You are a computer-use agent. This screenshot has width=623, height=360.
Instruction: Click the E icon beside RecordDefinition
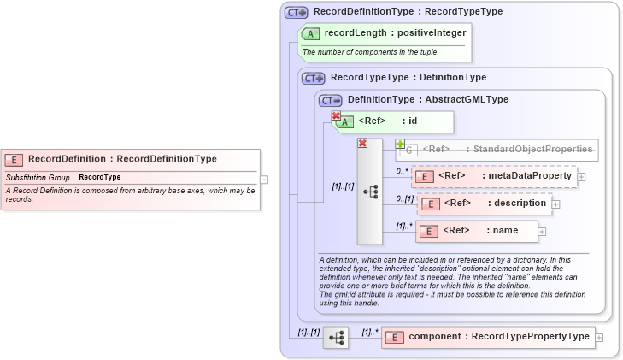click(x=14, y=160)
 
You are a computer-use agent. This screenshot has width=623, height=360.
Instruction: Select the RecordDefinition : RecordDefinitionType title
click(x=122, y=159)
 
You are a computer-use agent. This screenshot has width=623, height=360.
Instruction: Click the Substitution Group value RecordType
click(x=100, y=177)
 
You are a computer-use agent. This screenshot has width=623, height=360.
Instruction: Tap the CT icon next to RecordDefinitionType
click(x=297, y=12)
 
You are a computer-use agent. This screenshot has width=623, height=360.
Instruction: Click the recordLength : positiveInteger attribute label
click(x=395, y=33)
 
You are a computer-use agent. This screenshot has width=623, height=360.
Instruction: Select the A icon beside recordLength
click(x=312, y=34)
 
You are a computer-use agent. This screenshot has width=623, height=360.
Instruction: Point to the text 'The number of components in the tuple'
click(x=369, y=52)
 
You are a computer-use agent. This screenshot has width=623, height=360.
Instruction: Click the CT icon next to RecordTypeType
click(x=314, y=78)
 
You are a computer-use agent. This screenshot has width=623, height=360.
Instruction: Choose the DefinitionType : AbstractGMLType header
click(x=427, y=100)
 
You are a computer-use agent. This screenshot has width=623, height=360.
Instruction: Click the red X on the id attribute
click(x=336, y=116)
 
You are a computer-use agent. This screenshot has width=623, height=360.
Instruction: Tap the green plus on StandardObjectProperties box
click(x=399, y=144)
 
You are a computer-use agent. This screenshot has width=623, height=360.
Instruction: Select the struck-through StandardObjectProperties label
click(x=508, y=150)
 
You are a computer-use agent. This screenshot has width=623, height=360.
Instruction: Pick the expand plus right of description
click(x=556, y=204)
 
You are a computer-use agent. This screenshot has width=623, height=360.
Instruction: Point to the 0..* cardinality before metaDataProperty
click(x=403, y=171)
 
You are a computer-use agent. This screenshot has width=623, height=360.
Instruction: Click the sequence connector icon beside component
click(x=335, y=337)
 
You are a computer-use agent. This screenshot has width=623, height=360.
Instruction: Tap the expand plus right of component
click(x=599, y=337)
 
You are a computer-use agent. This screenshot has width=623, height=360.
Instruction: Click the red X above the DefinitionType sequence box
click(x=362, y=143)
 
